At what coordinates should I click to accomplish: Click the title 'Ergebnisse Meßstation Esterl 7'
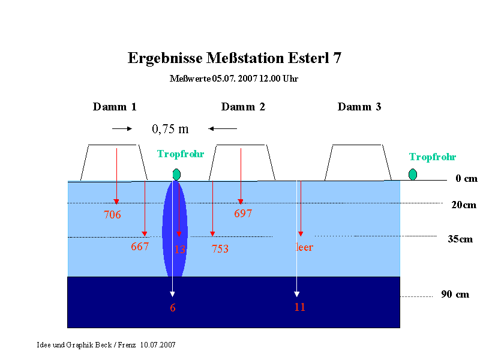[x=234, y=58]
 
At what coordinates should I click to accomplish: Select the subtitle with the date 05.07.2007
[x=234, y=79]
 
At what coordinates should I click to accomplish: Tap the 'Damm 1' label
[x=115, y=107]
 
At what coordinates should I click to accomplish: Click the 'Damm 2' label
[x=243, y=107]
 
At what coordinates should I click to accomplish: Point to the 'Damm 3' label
[x=359, y=107]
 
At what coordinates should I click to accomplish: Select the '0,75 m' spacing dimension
[x=170, y=129]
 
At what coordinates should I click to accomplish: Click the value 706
[x=112, y=215]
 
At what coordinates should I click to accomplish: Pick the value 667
[x=140, y=247]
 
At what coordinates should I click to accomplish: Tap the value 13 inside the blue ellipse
[x=180, y=249]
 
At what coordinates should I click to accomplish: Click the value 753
[x=220, y=248]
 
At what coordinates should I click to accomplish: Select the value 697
[x=243, y=214]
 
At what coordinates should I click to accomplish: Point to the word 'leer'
[x=304, y=247]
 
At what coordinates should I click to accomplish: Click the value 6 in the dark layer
[x=173, y=308]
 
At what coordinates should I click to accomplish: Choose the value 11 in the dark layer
[x=299, y=307]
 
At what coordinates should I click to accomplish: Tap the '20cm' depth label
[x=464, y=205]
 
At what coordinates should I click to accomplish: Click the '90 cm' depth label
[x=455, y=294]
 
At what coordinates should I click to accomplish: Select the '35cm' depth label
[x=460, y=239]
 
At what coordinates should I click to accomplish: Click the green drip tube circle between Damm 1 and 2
[x=176, y=175]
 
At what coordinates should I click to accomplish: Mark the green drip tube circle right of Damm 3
[x=413, y=175]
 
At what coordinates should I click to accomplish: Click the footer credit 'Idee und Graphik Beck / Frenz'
[x=86, y=345]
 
